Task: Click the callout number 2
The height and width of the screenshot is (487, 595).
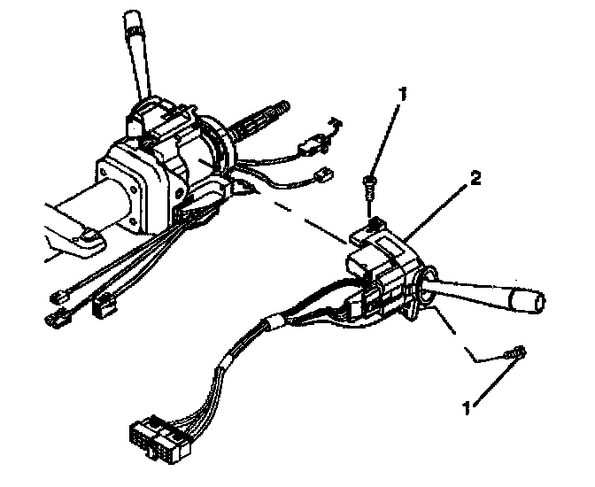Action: click(x=476, y=179)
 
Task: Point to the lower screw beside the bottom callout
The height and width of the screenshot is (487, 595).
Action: click(x=515, y=352)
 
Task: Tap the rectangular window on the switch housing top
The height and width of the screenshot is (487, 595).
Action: click(x=390, y=239)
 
